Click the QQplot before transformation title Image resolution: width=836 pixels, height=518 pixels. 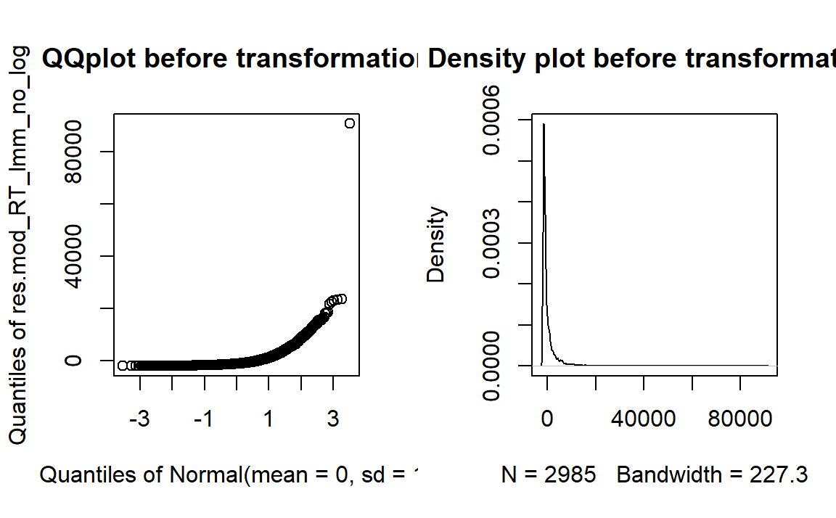coord(229,58)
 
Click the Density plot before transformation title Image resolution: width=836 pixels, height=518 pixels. coord(631,58)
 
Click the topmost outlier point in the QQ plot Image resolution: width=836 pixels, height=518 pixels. coord(350,123)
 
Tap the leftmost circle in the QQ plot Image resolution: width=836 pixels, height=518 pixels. coord(123,365)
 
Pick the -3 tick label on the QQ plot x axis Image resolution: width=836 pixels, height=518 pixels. coord(139,420)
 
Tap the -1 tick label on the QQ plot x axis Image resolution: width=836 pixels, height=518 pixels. coord(204,420)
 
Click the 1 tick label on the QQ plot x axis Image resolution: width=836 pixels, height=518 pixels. coord(269,420)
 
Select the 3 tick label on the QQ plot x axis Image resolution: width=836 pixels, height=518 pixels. coord(333,420)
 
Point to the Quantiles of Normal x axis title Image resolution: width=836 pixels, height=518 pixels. coord(229,475)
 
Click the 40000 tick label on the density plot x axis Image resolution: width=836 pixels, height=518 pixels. coord(643,420)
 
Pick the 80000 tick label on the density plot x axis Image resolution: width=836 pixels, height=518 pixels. coord(740,420)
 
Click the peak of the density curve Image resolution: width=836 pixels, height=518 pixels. coord(544,125)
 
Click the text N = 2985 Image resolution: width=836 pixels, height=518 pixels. coord(549,475)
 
